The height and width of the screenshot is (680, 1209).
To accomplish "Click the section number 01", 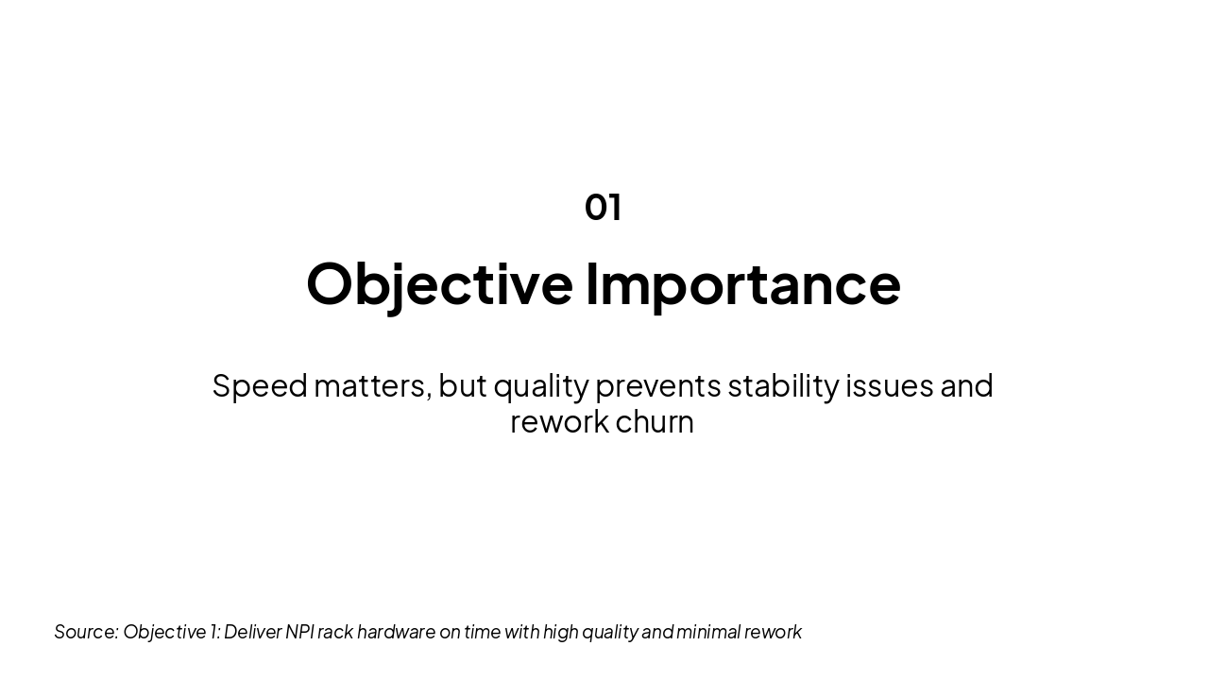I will coord(603,207).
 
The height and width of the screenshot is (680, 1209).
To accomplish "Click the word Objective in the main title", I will coord(439,283).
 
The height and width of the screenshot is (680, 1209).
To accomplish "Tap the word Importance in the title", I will coord(742,283).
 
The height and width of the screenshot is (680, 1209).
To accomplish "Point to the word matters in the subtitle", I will coord(371,385).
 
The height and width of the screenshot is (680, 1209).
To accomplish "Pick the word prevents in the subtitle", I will coord(657,386).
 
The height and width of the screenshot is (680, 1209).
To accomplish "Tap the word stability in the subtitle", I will coord(782,386).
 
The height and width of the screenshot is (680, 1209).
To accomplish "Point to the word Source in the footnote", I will coord(85,632).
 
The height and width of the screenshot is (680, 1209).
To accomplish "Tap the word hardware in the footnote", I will coord(396,632).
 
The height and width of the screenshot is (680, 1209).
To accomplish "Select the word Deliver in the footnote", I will coord(252,632).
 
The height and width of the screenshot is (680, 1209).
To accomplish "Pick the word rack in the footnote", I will coord(334,632).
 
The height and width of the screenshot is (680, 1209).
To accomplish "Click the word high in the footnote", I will coord(560,632).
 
